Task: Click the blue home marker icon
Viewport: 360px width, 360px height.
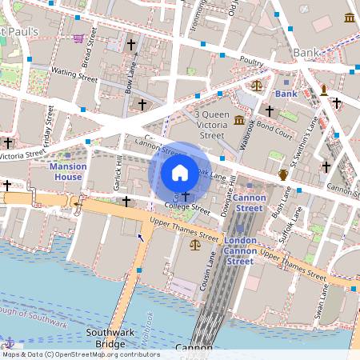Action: pos(180,172)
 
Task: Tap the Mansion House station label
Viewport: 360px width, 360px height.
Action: pos(67,171)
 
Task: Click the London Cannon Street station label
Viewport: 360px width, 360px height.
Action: pos(240,250)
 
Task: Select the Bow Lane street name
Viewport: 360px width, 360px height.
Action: pos(131,80)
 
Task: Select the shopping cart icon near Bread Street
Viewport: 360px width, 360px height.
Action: pos(77,38)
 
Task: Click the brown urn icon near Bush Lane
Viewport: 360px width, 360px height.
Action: pos(282,174)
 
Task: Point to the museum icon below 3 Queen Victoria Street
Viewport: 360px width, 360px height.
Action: pos(240,121)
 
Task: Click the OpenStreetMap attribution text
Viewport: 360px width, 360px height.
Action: pos(80,354)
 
